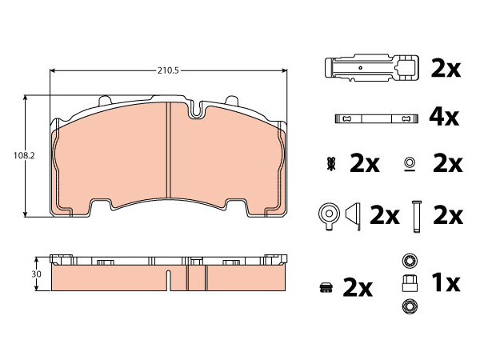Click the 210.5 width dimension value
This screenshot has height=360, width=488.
(x=168, y=70)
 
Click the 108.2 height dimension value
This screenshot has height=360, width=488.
(x=24, y=155)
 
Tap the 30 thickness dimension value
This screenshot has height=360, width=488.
(x=36, y=274)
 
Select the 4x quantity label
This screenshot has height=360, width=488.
(x=444, y=118)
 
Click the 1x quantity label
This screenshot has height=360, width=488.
(x=446, y=283)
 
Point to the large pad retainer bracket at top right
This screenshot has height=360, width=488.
(x=371, y=68)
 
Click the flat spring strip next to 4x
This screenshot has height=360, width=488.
(x=376, y=118)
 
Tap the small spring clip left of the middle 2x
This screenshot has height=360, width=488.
(x=330, y=164)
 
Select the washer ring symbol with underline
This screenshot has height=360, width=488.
(x=410, y=164)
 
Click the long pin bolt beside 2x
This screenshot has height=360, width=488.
(x=417, y=216)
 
